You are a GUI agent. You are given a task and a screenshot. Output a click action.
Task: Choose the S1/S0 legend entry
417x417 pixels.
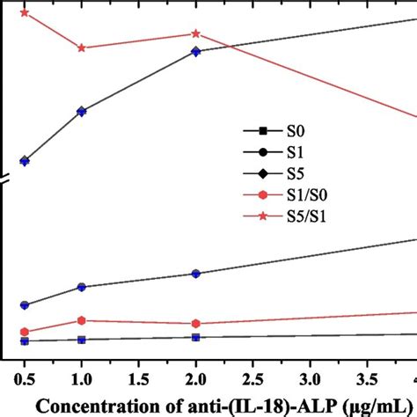pos(290,194)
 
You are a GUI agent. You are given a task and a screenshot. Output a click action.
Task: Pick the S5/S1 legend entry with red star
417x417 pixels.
pos(290,215)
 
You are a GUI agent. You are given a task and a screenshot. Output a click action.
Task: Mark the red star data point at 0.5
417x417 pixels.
pos(25,13)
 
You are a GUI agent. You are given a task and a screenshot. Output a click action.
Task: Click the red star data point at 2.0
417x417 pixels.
pos(195,33)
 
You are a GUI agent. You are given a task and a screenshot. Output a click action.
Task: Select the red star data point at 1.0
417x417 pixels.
pos(82,48)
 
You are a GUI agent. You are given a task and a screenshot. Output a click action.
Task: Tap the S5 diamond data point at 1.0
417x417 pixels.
pos(82,112)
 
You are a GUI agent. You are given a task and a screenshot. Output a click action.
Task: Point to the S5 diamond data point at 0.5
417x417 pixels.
pos(25,161)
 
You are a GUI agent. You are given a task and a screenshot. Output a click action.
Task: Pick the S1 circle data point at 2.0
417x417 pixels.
pos(195,274)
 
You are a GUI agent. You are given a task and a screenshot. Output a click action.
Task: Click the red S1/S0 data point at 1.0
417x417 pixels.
pos(82,320)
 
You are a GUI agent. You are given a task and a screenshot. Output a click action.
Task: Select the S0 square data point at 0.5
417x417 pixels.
pos(25,340)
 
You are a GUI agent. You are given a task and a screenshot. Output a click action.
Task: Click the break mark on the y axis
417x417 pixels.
pos(4,181)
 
